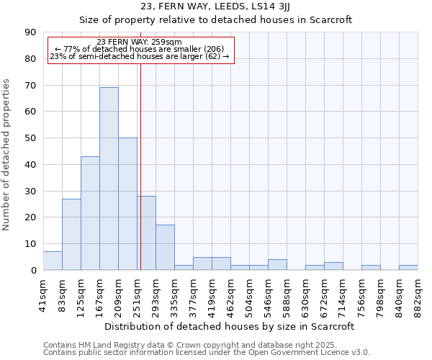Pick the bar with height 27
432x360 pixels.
71,234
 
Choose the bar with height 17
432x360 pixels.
165,248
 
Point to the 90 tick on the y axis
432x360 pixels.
30,32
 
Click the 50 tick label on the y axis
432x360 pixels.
30,138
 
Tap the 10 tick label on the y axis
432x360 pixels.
30,244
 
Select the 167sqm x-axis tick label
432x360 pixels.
100,294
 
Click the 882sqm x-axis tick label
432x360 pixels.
418,294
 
